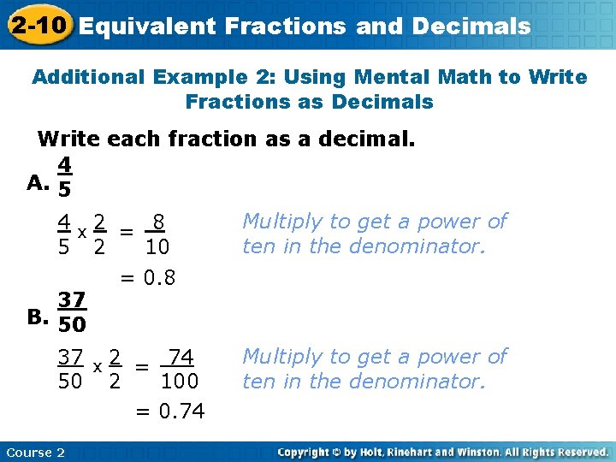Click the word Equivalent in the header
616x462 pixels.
pos(148,27)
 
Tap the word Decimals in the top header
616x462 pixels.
pos(471,27)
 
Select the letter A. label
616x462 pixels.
pos(37,181)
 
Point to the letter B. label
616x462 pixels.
pos(37,317)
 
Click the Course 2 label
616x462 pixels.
pos(35,452)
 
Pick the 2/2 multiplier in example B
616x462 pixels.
pos(115,369)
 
